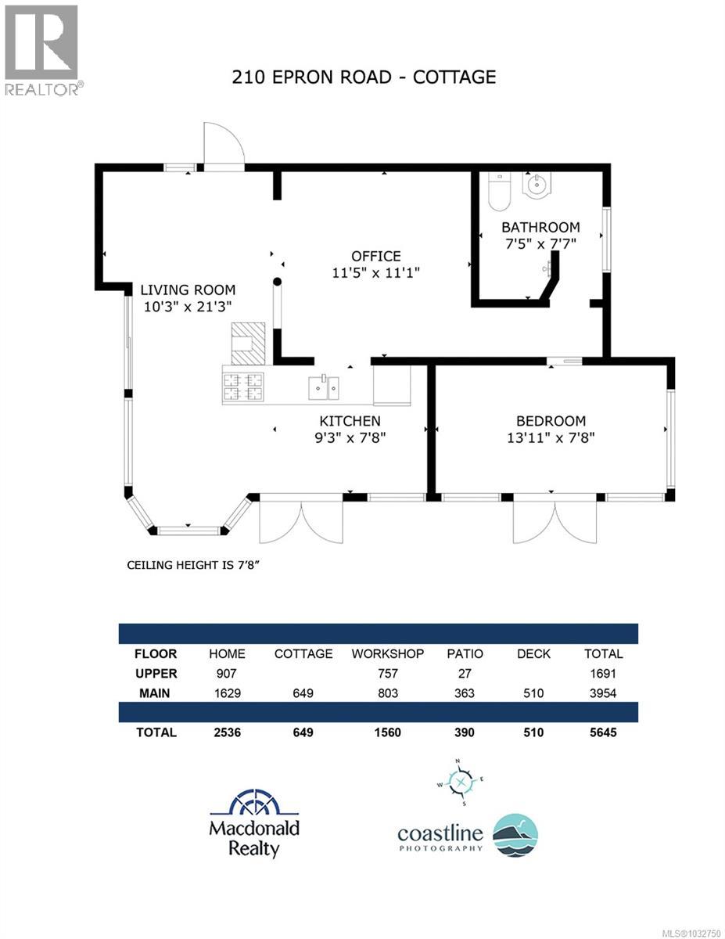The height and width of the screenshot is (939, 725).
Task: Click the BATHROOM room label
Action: [540, 227]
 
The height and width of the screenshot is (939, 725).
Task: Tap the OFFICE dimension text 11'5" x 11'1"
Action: [375, 272]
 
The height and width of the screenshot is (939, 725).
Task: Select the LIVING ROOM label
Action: [188, 290]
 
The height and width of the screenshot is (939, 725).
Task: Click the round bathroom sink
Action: [537, 186]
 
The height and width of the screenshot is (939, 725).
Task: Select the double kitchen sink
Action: [323, 385]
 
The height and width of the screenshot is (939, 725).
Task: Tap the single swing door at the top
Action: [224, 146]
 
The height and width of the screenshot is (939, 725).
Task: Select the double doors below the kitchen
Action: [301, 520]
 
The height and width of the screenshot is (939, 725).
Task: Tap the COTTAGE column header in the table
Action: [303, 653]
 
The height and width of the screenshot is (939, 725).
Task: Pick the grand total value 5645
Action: [603, 732]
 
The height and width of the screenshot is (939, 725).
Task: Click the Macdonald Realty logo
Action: [253, 823]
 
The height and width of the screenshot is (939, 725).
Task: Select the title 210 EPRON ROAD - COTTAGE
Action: [364, 77]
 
